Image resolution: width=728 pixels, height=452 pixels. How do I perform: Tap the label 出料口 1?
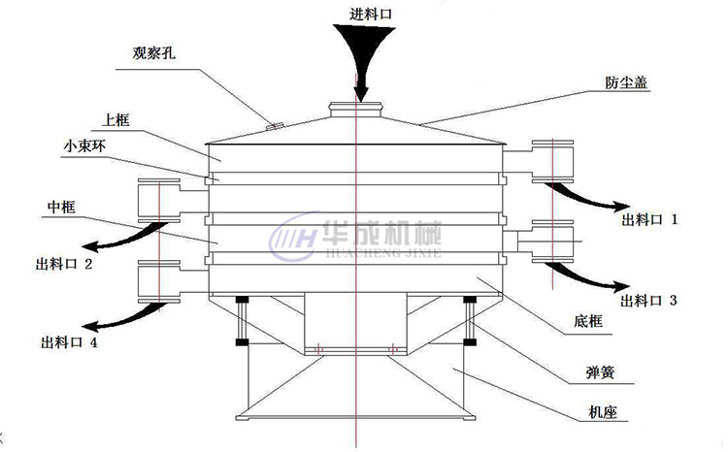click(x=649, y=220)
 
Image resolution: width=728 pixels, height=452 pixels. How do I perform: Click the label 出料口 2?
click(x=64, y=263)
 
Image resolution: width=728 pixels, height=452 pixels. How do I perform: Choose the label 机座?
click(x=601, y=412)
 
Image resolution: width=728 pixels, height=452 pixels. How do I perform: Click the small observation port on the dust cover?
click(x=275, y=123)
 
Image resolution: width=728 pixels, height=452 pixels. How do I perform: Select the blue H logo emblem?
click(x=291, y=237)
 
